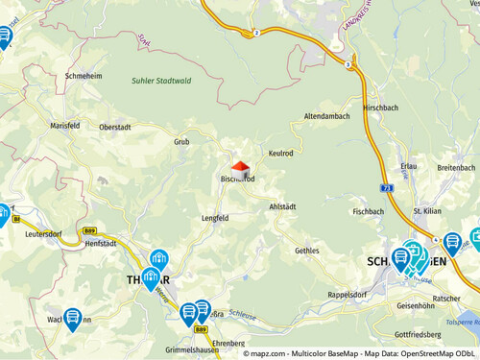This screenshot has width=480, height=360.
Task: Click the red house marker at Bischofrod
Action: (x=240, y=167)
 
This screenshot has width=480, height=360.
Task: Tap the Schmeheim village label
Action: (x=84, y=75)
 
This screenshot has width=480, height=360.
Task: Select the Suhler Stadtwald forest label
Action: (x=161, y=81)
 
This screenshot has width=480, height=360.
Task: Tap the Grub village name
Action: (x=181, y=142)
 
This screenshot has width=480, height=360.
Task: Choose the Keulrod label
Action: (x=280, y=153)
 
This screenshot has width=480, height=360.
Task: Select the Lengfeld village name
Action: (x=215, y=218)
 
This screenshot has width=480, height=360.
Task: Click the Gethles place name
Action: (x=307, y=250)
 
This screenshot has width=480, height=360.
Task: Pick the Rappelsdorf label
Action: (x=349, y=294)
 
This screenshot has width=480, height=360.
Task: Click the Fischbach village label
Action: (x=368, y=211)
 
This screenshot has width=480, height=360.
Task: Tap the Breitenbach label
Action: (x=456, y=167)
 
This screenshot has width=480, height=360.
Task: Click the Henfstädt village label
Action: (x=100, y=244)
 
